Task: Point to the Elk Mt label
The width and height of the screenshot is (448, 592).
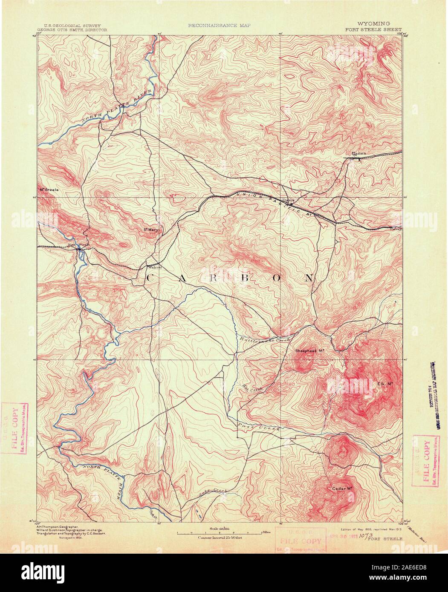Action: point(384,384)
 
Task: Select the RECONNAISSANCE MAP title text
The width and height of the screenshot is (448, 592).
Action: point(220,25)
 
